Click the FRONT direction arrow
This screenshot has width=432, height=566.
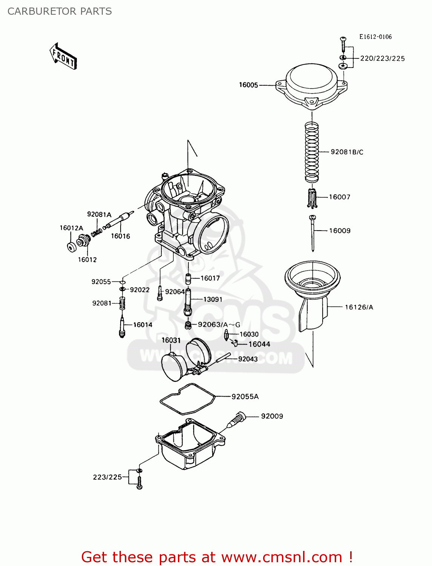click(x=63, y=56)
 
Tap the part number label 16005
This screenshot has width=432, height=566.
click(x=248, y=85)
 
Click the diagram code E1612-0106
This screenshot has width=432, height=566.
click(x=375, y=37)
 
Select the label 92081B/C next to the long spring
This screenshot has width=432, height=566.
click(x=347, y=152)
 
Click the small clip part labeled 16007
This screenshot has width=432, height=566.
click(x=311, y=198)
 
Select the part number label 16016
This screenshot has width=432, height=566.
click(x=120, y=236)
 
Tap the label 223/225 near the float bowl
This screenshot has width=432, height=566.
click(x=107, y=477)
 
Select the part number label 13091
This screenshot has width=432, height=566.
click(x=213, y=299)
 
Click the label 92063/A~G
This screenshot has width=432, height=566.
click(x=219, y=325)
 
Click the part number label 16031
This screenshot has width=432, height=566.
click(x=171, y=340)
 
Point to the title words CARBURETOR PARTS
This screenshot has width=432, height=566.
click(x=60, y=11)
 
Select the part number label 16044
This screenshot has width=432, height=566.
click(x=259, y=344)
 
